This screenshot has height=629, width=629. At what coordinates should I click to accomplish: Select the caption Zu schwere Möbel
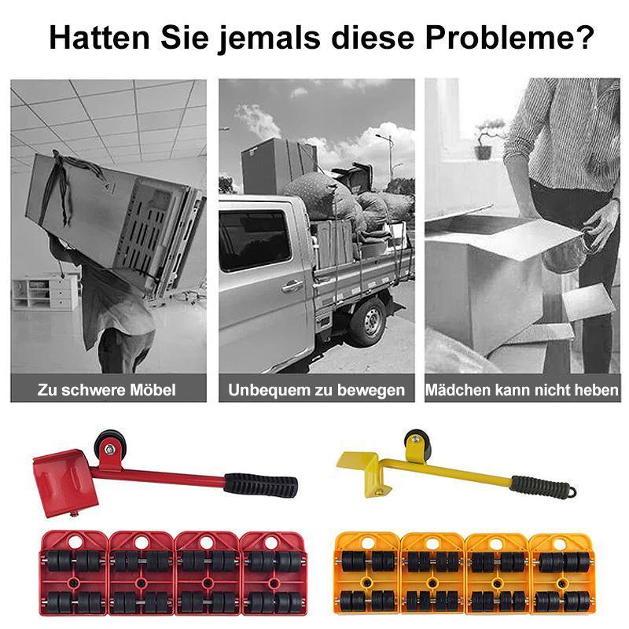(x=106, y=389)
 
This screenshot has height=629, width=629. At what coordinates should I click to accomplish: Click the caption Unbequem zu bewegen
(x=316, y=389)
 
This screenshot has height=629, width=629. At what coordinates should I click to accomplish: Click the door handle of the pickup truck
(x=292, y=286)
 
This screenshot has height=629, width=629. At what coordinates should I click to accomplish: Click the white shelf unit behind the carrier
(x=47, y=292)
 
